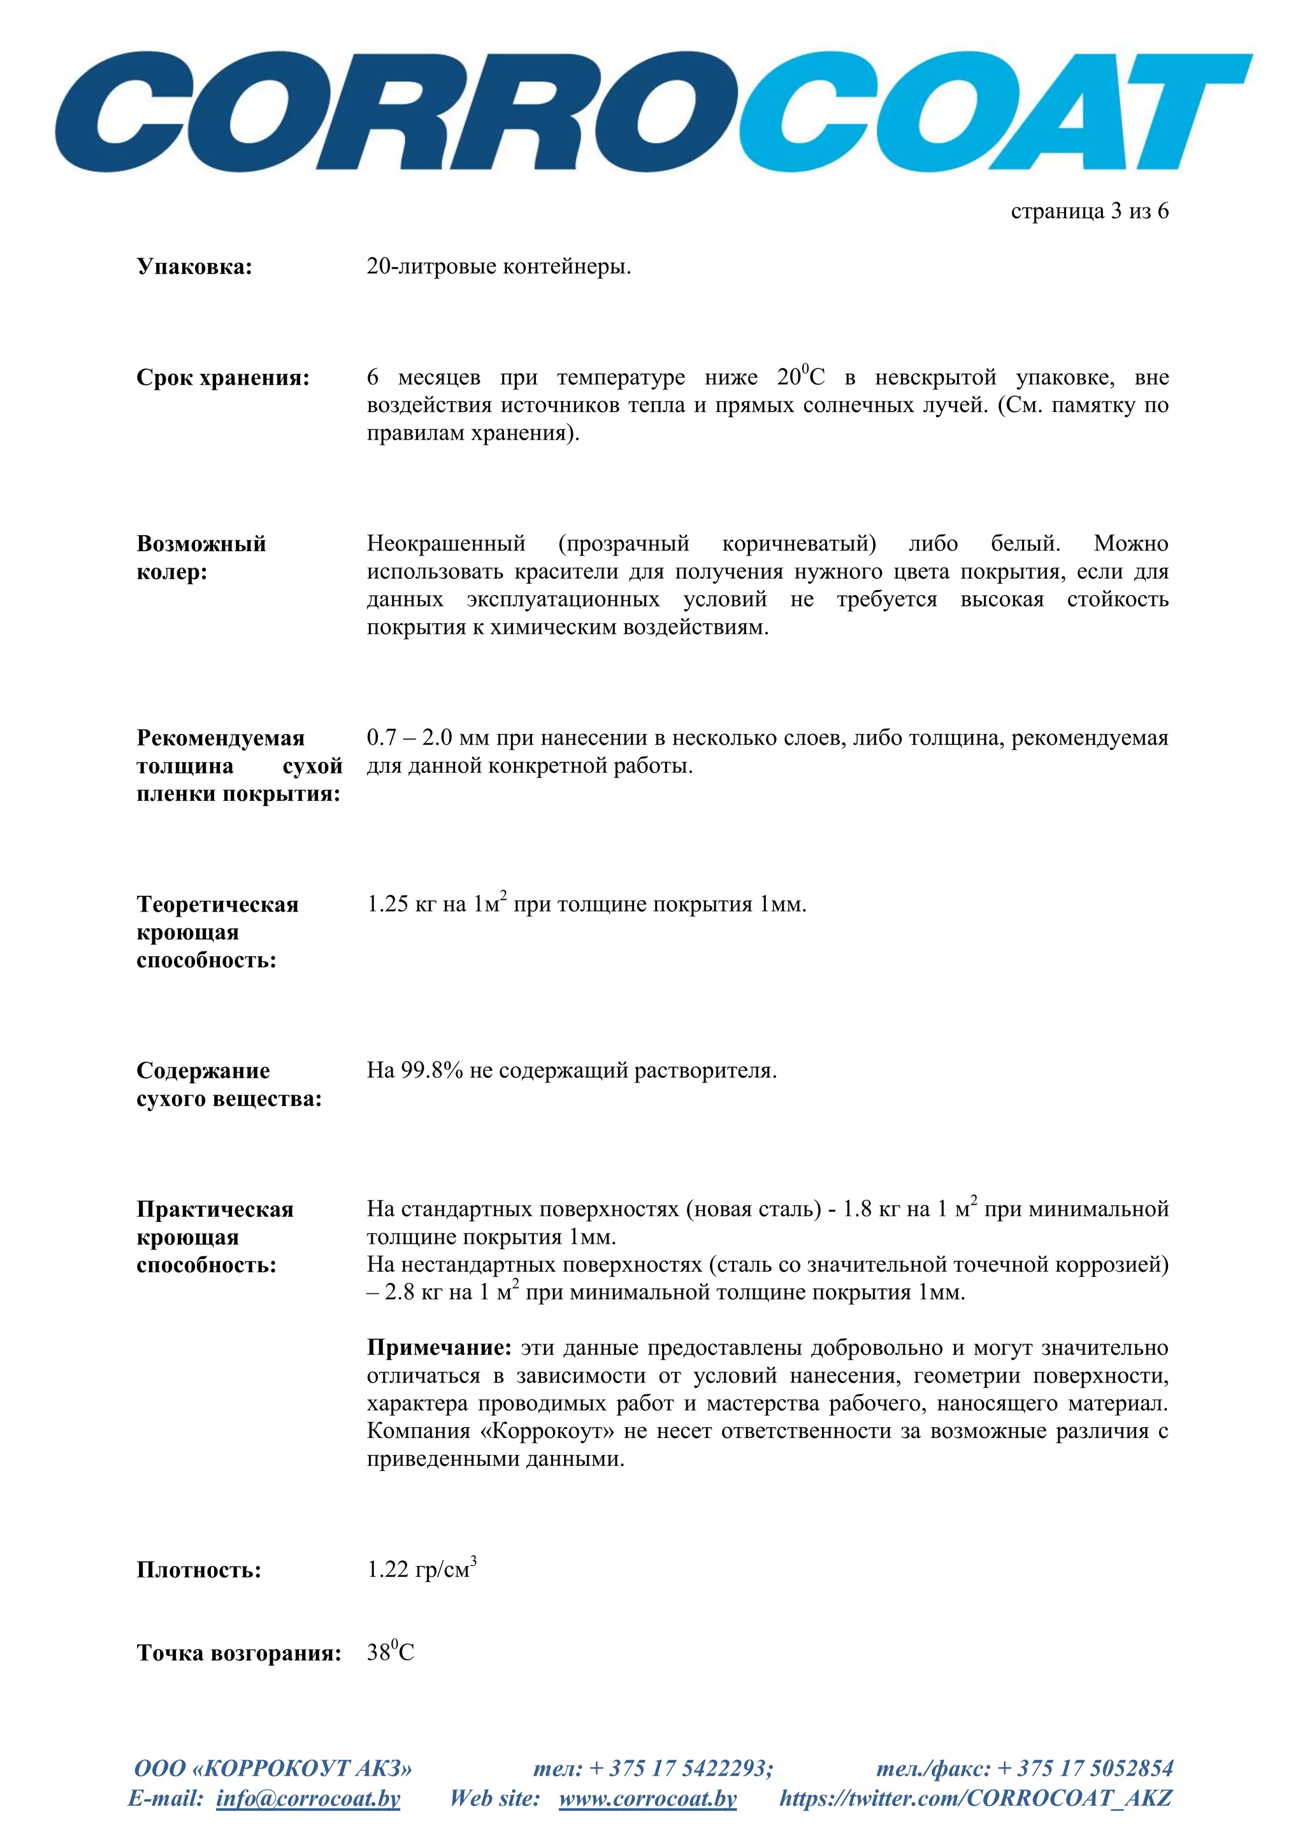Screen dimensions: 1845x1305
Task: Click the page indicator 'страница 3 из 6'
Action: pos(1089,212)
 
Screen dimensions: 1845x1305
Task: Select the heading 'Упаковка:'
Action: pos(194,267)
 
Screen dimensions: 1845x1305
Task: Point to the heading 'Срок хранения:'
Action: pos(222,378)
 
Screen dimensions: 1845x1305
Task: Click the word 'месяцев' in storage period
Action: pos(439,378)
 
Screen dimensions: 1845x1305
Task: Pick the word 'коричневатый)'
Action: pos(799,544)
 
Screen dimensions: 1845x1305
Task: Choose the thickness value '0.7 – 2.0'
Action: pos(409,738)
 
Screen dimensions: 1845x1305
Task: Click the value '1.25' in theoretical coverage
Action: pos(388,905)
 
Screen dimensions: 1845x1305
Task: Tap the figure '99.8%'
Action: pos(431,1071)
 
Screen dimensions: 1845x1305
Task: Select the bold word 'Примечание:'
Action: pos(439,1347)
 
